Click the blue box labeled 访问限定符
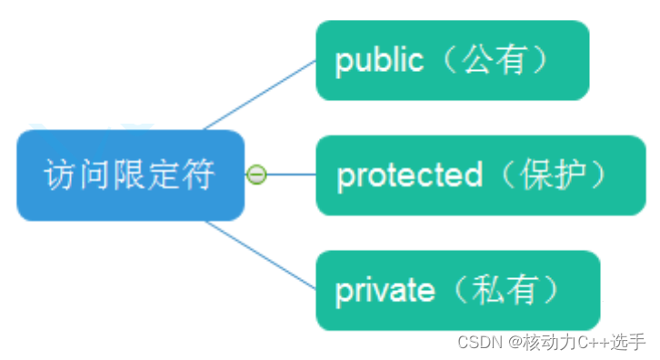[x=130, y=175]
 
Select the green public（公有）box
[x=452, y=61]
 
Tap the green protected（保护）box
[x=480, y=175]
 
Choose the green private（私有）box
[x=457, y=291]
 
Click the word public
[x=379, y=61]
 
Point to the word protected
[x=409, y=175]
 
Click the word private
[x=385, y=291]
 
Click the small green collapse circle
[x=257, y=174]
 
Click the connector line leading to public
[x=259, y=94]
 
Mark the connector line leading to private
[x=259, y=255]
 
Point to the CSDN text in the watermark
[x=480, y=342]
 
